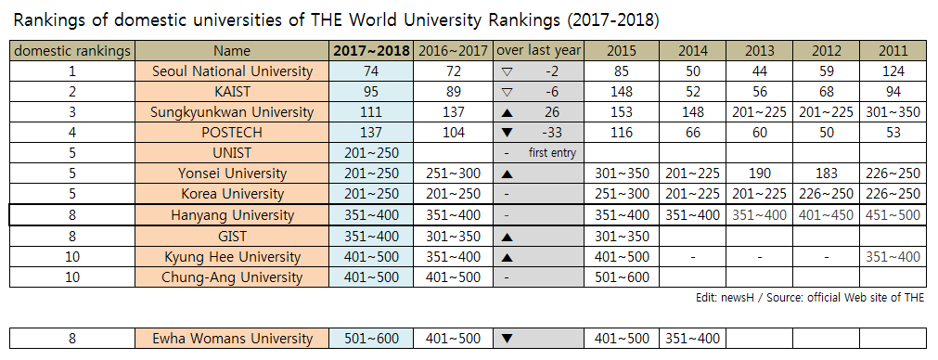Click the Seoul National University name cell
click(232, 71)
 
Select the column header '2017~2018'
click(371, 51)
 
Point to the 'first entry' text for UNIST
click(552, 153)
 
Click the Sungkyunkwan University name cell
click(232, 112)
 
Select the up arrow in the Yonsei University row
click(507, 174)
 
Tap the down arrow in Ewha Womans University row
click(507, 339)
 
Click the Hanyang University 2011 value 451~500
click(892, 215)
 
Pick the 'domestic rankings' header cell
click(73, 51)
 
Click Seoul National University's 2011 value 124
click(892, 71)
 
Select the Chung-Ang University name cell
click(232, 276)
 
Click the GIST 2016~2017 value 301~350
click(452, 236)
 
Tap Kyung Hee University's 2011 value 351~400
click(892, 256)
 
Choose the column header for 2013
click(759, 51)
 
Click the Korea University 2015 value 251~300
click(622, 194)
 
